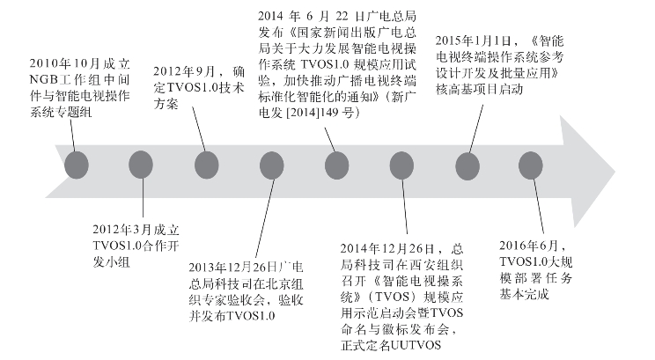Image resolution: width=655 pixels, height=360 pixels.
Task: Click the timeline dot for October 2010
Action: [77, 165]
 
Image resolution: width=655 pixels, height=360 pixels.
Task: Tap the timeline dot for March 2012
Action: [142, 165]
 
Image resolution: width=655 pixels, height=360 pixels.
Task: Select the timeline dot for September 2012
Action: [207, 165]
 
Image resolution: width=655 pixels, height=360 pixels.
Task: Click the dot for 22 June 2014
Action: [336, 165]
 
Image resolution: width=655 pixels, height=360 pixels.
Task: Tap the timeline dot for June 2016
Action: [530, 165]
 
